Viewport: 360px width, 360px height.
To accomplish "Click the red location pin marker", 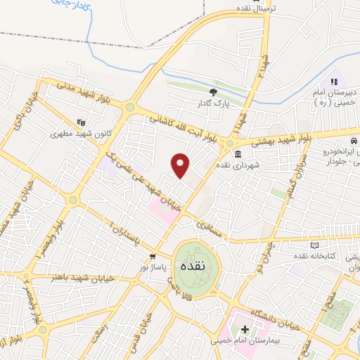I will pos(181,165).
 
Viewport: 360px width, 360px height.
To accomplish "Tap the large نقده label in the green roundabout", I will pos(191,267).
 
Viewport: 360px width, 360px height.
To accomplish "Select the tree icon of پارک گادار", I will pos(214,91).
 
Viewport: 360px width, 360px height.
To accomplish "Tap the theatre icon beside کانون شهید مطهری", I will pos(80,120).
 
